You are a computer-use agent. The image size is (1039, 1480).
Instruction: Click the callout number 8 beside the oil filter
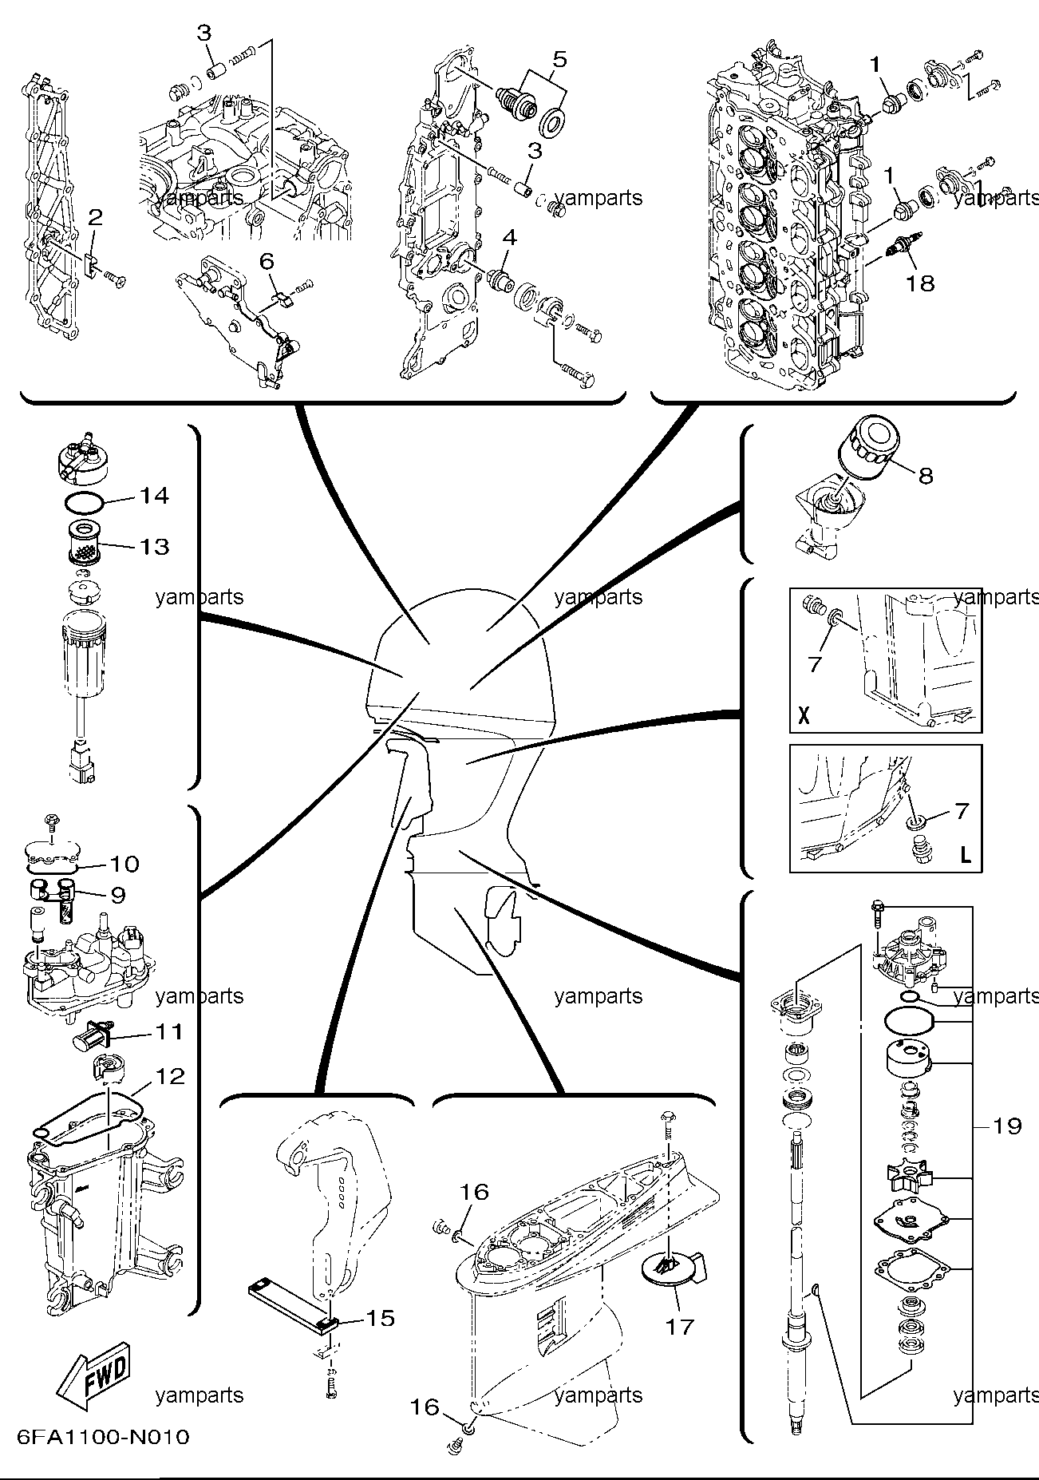925,476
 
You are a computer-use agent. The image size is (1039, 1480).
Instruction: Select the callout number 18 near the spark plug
921,283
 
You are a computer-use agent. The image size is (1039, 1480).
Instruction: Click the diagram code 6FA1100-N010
103,1437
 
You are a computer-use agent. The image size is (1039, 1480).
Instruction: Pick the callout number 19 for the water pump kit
1007,1126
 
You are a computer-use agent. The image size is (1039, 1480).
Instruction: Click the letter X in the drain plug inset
804,714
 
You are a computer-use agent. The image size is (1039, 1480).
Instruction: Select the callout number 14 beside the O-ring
154,496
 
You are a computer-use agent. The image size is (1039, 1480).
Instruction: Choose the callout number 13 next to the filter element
154,546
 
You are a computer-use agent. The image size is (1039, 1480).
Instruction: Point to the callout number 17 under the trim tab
680,1326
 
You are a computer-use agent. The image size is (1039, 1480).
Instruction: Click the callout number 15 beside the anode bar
380,1318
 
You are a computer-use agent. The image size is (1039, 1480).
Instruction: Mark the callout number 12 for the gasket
170,1077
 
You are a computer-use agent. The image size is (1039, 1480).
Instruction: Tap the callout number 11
168,1032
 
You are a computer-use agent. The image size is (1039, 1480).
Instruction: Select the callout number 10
124,864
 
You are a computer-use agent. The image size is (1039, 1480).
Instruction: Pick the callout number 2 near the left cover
95,216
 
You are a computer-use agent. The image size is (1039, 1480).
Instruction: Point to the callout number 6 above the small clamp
266,260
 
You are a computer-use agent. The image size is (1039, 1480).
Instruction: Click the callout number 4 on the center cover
509,237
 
